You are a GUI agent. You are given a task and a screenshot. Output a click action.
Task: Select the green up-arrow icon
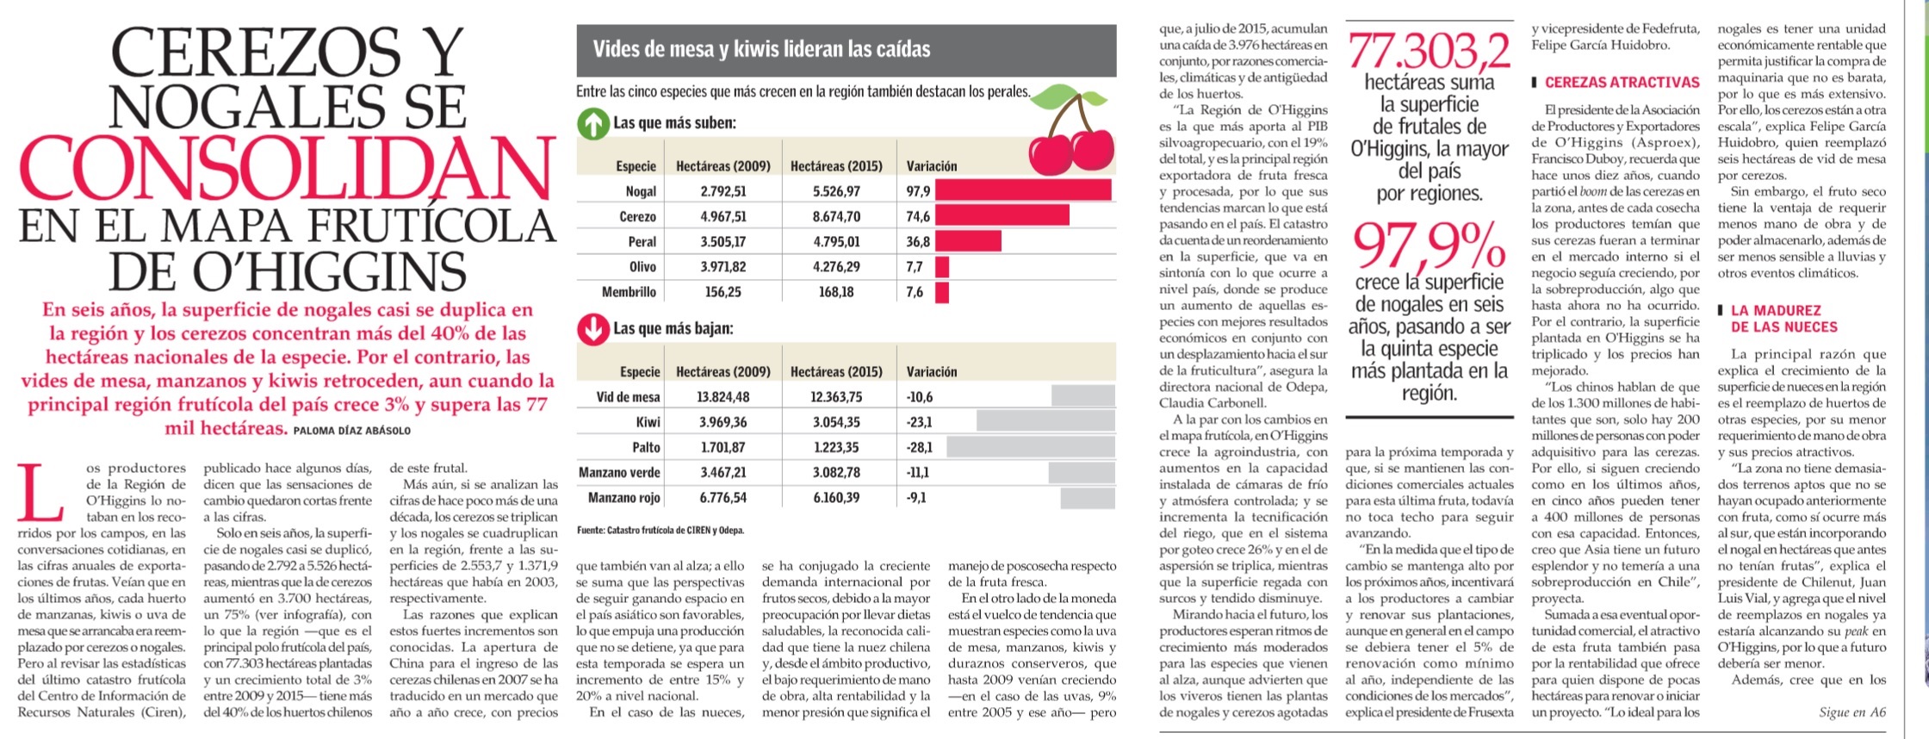[593, 124]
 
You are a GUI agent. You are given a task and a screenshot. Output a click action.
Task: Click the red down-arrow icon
[593, 329]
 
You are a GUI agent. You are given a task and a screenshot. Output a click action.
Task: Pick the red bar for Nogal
[1023, 190]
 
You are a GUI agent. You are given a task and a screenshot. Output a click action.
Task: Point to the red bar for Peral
[968, 241]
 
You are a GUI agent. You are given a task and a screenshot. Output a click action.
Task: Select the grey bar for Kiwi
[1045, 421]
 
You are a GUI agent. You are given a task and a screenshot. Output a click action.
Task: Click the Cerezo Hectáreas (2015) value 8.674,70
[836, 216]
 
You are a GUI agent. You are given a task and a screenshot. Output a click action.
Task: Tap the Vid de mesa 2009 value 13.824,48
[723, 397]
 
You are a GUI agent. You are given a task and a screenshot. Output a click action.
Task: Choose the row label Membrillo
[630, 292]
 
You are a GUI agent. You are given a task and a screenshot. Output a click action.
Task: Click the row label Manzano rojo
[624, 498]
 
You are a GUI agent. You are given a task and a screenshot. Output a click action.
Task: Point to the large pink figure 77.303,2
[1429, 52]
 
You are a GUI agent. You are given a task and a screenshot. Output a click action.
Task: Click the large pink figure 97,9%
[1429, 245]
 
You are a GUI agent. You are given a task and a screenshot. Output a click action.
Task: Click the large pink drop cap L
[40, 493]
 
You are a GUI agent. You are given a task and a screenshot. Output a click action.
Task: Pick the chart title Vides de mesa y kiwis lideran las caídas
[761, 49]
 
